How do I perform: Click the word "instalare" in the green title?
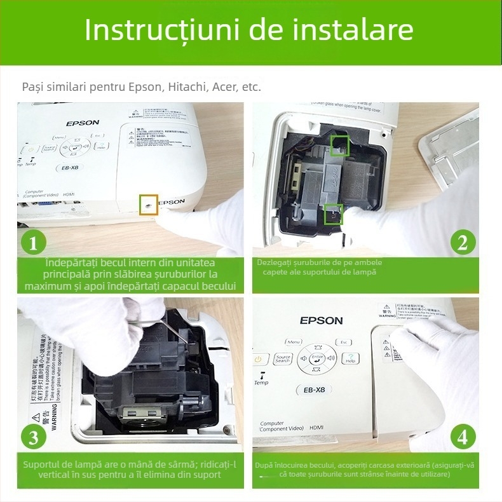pos(356,30)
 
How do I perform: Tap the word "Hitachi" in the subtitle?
pos(187,87)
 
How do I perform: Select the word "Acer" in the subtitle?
pos(223,87)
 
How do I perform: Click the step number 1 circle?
pos(34,243)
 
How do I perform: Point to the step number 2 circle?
pos(463,243)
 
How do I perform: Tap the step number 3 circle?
pos(34,437)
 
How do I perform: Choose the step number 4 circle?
pos(463,437)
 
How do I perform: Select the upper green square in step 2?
pos(339,146)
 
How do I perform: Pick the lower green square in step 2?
pos(334,214)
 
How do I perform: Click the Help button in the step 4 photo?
pos(350,358)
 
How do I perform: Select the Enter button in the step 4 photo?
pos(317,358)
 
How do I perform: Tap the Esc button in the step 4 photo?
pos(344,343)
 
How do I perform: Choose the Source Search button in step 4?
pos(283,359)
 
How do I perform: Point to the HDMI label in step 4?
pos(316,428)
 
